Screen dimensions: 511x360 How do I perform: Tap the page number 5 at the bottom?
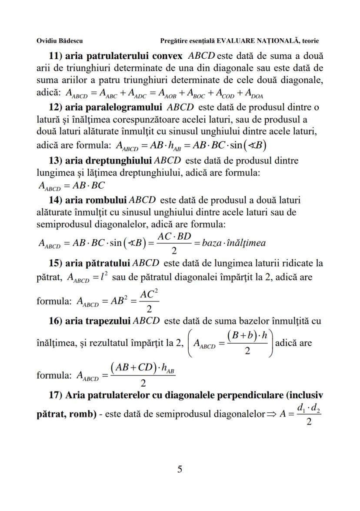coord(180,469)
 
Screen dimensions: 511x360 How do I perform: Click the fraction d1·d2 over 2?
coord(309,412)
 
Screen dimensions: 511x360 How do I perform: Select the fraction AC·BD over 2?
coord(174,242)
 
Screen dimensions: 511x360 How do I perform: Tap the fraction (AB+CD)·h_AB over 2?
coord(143,374)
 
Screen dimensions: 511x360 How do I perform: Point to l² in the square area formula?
coord(104,277)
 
